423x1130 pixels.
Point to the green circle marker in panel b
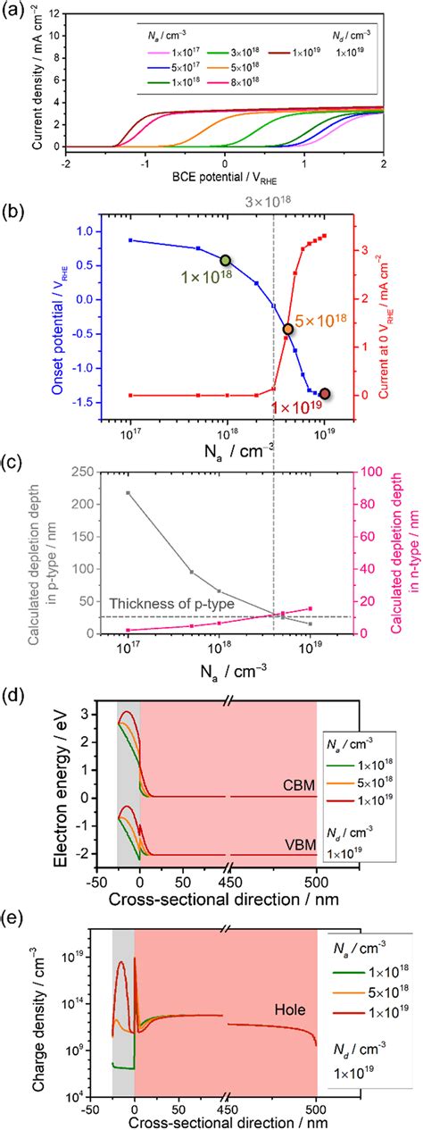click(226, 260)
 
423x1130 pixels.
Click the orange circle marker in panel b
click(288, 330)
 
